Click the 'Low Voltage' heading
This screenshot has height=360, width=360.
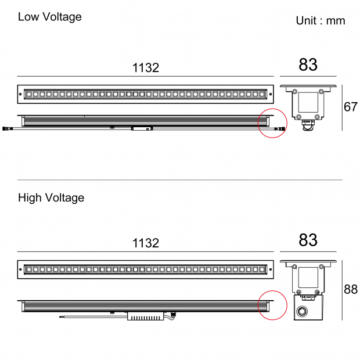tap(50, 17)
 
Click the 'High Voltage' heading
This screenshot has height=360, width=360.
tap(51, 198)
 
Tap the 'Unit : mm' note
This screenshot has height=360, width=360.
tap(321, 21)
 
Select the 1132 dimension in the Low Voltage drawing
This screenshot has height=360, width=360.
tap(146, 68)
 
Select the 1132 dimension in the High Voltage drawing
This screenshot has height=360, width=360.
tap(146, 243)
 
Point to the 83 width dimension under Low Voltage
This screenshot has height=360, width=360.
tap(308, 64)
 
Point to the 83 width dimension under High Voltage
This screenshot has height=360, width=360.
tap(308, 240)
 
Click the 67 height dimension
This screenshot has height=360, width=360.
tap(351, 107)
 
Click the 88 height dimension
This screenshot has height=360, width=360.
tap(351, 289)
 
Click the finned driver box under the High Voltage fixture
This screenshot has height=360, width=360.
tap(145, 316)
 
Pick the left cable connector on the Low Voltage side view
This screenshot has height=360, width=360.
tap(5, 128)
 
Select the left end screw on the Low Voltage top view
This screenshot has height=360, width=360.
tap(20, 94)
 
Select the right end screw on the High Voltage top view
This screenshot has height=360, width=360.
tap(271, 269)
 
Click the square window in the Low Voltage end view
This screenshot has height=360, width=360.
tap(308, 102)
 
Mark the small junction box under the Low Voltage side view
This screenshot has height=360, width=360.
tap(142, 128)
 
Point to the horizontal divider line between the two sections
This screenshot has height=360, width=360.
tap(180, 180)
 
